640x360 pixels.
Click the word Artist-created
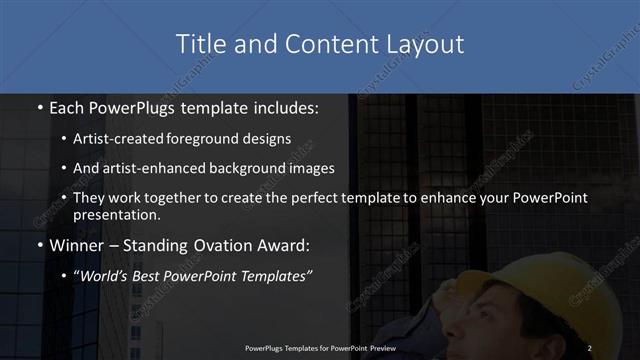[x=121, y=139]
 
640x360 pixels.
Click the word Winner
[x=76, y=244]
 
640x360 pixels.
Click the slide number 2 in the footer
[x=590, y=347]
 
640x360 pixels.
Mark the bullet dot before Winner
[x=38, y=244]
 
